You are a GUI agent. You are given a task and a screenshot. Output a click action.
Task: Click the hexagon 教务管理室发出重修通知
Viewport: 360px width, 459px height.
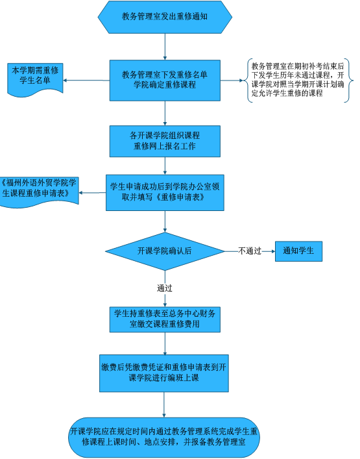point(165,17)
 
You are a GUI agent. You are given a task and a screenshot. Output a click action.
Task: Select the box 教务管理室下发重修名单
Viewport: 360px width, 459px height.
point(165,81)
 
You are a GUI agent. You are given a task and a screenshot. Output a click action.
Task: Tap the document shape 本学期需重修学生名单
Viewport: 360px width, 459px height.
point(35,79)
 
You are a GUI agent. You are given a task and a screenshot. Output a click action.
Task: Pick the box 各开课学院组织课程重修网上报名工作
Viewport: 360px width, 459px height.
point(165,141)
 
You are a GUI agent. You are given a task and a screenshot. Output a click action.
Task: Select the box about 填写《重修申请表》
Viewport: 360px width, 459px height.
point(165,193)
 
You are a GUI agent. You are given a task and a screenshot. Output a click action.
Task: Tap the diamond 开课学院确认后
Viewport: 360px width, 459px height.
point(165,251)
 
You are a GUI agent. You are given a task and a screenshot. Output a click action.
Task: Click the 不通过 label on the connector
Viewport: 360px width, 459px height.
point(250,251)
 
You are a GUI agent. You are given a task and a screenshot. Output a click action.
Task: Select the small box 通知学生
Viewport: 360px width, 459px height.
point(298,251)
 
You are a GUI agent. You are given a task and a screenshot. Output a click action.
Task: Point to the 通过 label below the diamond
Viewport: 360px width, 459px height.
point(165,288)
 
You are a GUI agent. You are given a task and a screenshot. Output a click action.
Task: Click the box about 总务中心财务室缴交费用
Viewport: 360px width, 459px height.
point(165,319)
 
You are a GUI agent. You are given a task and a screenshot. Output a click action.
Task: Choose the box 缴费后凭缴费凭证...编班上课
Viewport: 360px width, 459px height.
point(164,373)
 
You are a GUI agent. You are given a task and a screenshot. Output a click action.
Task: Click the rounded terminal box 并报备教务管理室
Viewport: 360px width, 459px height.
point(164,438)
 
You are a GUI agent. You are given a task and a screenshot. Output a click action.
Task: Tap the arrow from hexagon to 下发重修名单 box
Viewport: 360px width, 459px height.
point(165,47)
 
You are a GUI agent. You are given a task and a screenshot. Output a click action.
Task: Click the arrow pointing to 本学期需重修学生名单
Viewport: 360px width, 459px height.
point(86,81)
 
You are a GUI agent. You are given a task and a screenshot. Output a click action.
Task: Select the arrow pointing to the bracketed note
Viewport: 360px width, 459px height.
point(232,81)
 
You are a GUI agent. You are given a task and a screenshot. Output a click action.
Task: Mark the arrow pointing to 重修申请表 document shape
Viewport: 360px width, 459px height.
point(92,193)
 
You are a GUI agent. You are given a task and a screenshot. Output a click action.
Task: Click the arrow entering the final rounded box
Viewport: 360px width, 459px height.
point(164,404)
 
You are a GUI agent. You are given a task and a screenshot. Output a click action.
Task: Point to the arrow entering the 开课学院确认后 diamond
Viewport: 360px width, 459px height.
point(165,221)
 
